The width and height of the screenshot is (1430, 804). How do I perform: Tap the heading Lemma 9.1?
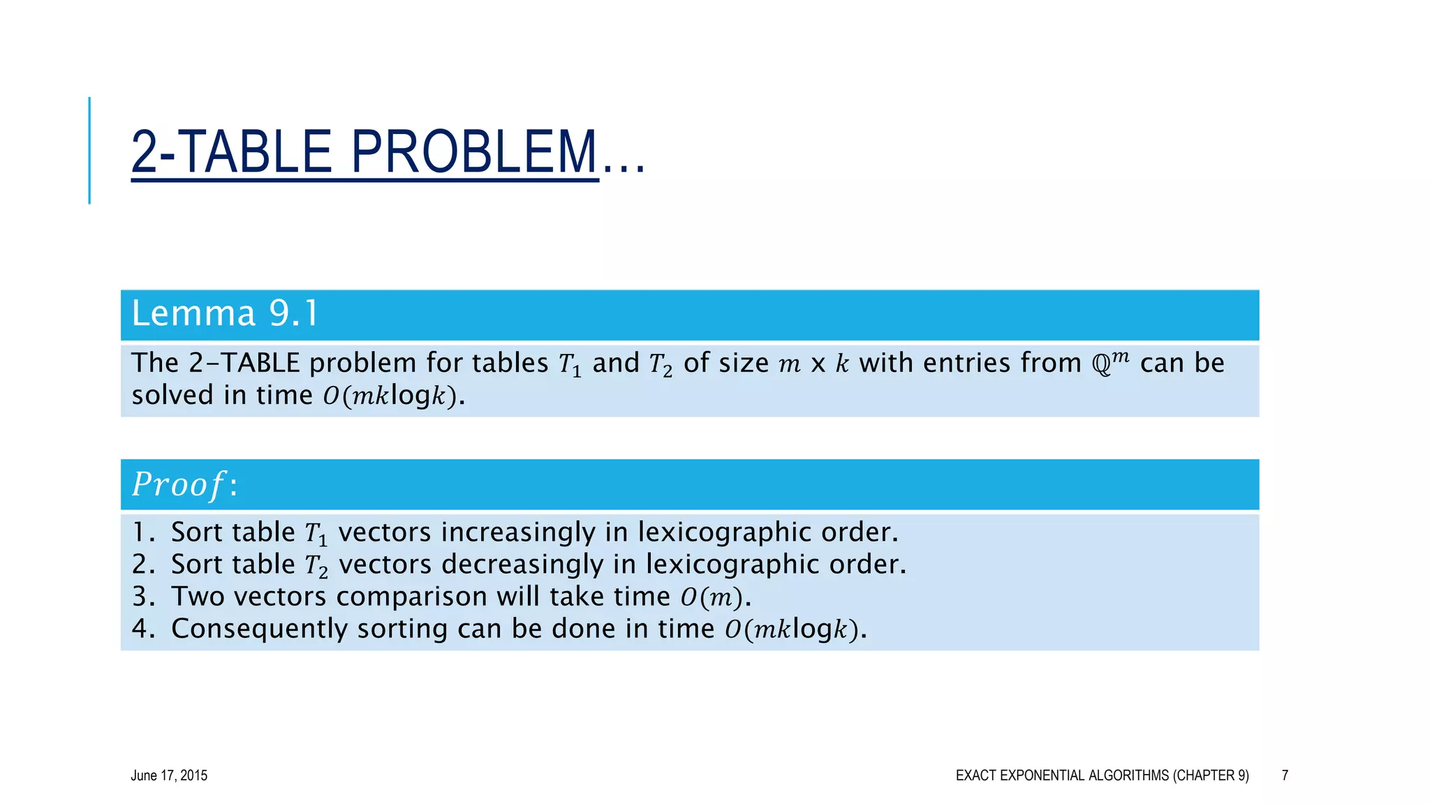[x=225, y=313]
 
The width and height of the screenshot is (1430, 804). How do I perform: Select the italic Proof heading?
[x=179, y=484]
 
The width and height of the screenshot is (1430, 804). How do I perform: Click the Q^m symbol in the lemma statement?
[x=1110, y=363]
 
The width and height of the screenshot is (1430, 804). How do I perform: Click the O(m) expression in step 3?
[x=712, y=597]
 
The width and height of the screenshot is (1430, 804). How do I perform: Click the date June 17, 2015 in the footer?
[x=169, y=775]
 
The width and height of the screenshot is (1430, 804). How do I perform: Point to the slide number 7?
[x=1285, y=775]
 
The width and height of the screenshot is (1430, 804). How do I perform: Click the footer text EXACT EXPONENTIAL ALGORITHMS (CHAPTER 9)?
[x=1102, y=775]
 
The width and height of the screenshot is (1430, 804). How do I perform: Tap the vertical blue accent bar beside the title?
[x=89, y=150]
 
